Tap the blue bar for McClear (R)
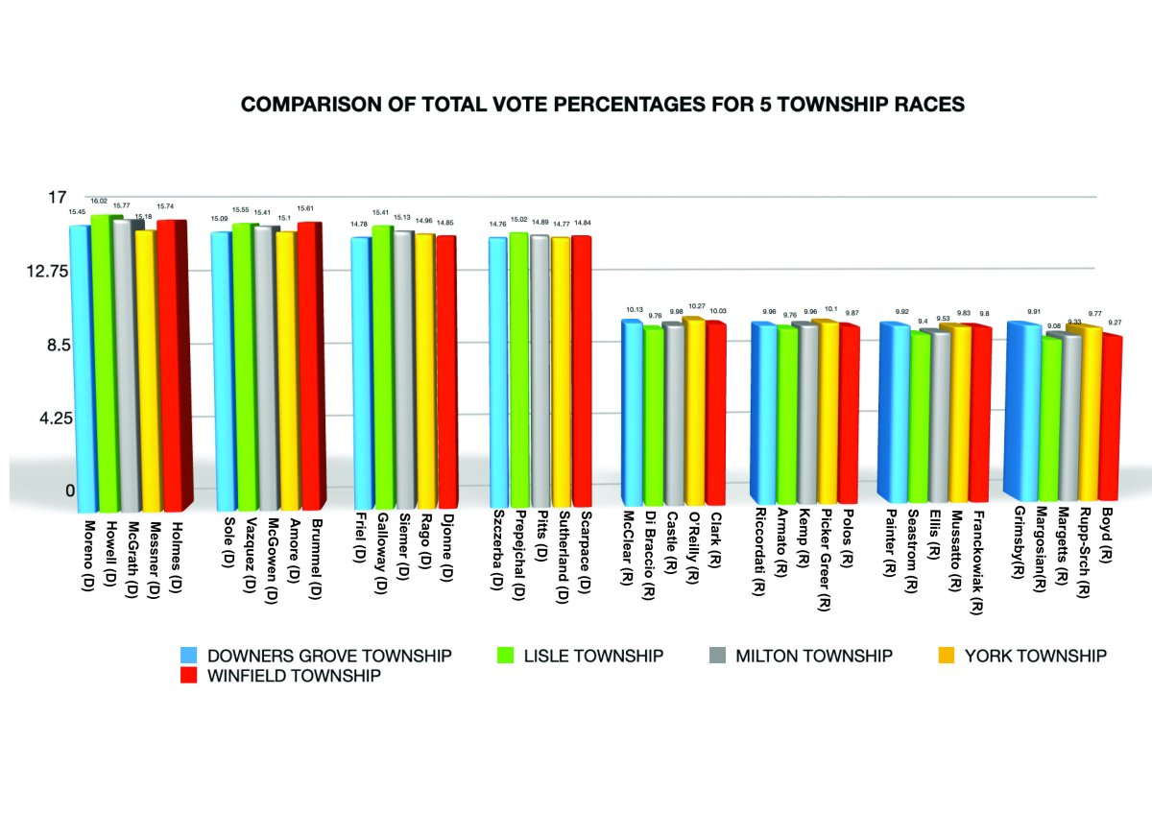point(632,413)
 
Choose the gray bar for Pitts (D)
point(540,371)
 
